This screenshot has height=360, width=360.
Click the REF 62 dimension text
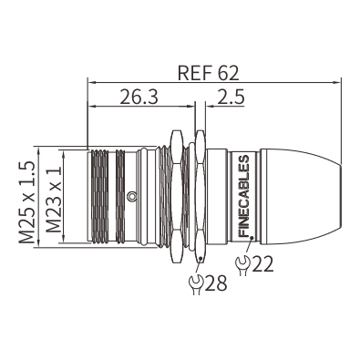point(209,73)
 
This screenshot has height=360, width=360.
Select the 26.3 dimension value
point(139,97)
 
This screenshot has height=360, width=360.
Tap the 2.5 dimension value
point(231,97)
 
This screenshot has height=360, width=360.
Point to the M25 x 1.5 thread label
point(26,202)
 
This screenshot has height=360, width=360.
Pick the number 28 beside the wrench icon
point(216,283)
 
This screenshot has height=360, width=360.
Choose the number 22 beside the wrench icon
point(262,264)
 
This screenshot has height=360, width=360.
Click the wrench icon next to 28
point(196,284)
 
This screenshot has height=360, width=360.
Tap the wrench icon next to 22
point(242,265)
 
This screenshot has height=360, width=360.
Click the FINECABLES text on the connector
point(244,196)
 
